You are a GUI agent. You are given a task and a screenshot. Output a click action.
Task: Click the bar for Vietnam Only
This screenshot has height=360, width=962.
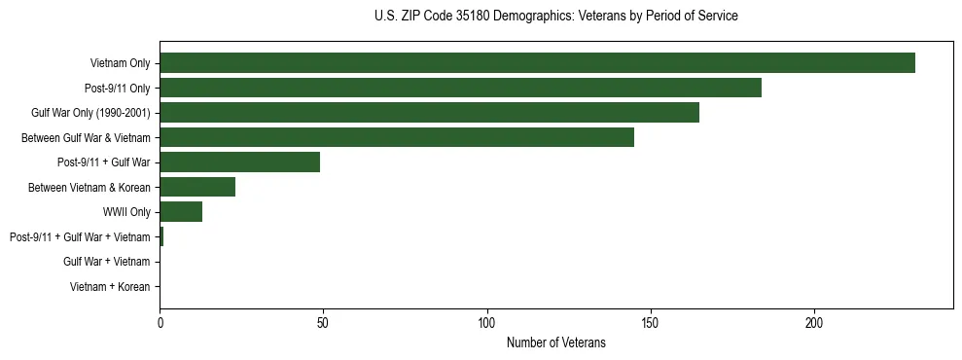537,63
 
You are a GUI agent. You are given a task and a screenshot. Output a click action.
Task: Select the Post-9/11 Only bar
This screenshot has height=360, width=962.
460,88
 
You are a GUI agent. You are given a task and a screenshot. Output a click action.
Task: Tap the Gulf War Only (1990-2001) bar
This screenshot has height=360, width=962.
429,113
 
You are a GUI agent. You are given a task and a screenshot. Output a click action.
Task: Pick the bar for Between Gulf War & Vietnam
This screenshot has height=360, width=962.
397,137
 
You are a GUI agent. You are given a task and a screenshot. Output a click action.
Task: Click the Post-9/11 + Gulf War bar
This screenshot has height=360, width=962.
239,162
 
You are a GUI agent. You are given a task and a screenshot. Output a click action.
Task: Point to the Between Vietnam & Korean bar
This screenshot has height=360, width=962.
197,187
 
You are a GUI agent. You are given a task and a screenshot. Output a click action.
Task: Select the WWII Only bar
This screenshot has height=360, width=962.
181,212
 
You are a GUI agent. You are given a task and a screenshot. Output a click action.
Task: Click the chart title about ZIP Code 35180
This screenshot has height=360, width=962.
555,17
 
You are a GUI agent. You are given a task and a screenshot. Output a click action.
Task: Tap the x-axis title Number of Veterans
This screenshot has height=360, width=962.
555,342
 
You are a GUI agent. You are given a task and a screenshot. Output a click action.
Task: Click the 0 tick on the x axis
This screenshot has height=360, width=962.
160,323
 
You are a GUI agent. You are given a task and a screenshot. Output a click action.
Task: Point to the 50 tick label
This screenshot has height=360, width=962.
323,323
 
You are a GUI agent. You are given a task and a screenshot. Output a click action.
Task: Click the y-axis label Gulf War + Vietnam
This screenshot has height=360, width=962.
106,262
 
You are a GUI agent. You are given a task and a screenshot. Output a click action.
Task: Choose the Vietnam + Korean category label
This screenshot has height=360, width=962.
110,287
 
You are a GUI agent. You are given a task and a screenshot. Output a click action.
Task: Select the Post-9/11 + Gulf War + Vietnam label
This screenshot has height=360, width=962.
80,237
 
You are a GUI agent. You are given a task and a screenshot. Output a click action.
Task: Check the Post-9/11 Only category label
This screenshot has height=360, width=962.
117,89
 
